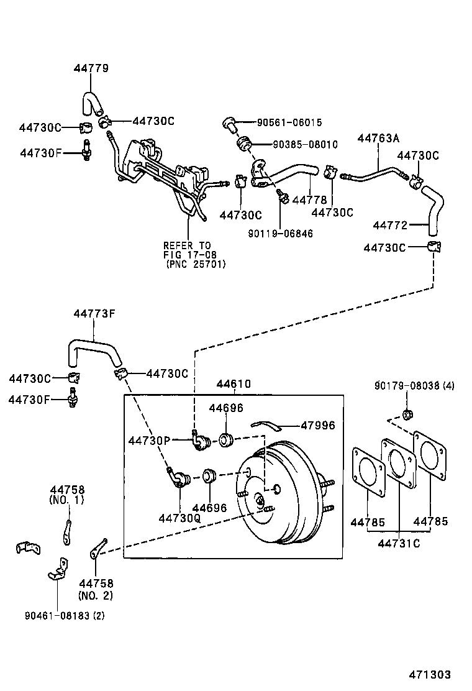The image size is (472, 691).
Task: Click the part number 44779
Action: pos(91,69)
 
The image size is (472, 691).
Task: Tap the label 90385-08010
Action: pos(305,144)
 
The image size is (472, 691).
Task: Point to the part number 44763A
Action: pos(378,139)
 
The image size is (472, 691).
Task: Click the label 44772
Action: pos(389,224)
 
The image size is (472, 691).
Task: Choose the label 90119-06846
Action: pos(280,234)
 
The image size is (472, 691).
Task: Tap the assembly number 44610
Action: pos(234,384)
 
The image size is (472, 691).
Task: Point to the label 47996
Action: pos(317,426)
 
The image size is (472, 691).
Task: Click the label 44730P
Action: pos(149,441)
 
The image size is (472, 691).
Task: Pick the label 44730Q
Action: pos(179,518)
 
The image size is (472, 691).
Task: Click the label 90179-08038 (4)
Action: pos(414,385)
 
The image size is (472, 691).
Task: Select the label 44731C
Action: pos(399,544)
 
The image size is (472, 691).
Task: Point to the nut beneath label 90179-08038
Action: pos(408,414)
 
